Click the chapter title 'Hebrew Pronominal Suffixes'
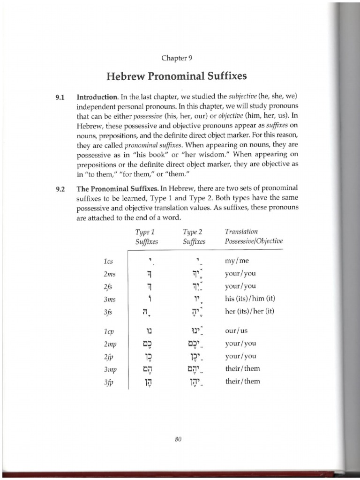177,75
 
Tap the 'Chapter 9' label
177,58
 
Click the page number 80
177,439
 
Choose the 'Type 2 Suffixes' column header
195,237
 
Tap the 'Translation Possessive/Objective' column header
254,237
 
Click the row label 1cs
109,261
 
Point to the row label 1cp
109,331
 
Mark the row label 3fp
110,382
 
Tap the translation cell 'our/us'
236,330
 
